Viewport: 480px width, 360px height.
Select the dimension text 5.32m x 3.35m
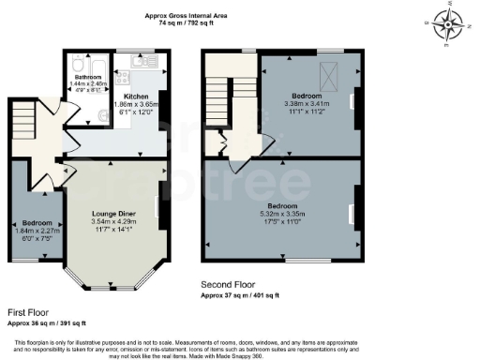(x=281, y=214)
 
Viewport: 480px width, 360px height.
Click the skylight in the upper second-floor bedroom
(x=329, y=73)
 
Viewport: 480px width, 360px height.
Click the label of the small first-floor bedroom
(x=37, y=223)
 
